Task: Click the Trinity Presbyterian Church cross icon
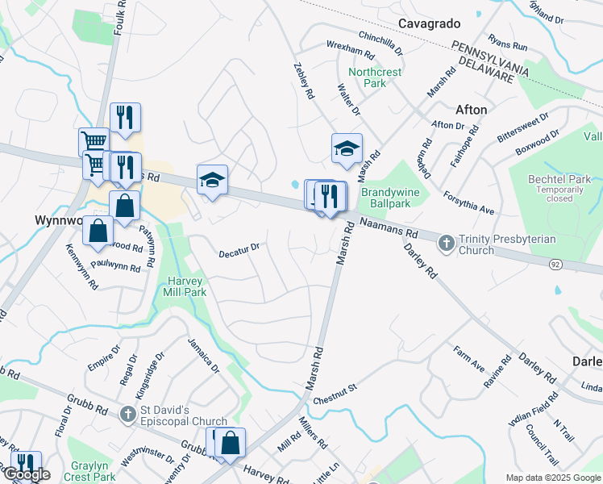pyautogui.click(x=446, y=242)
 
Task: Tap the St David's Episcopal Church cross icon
pyautogui.click(x=127, y=415)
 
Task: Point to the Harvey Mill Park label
pyautogui.click(x=187, y=286)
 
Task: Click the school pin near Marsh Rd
pyautogui.click(x=347, y=148)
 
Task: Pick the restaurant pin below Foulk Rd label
pyautogui.click(x=125, y=118)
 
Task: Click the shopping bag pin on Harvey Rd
pyautogui.click(x=230, y=443)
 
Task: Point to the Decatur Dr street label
pyautogui.click(x=239, y=252)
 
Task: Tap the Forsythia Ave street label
pyautogui.click(x=469, y=203)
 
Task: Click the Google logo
pyautogui.click(x=26, y=474)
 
